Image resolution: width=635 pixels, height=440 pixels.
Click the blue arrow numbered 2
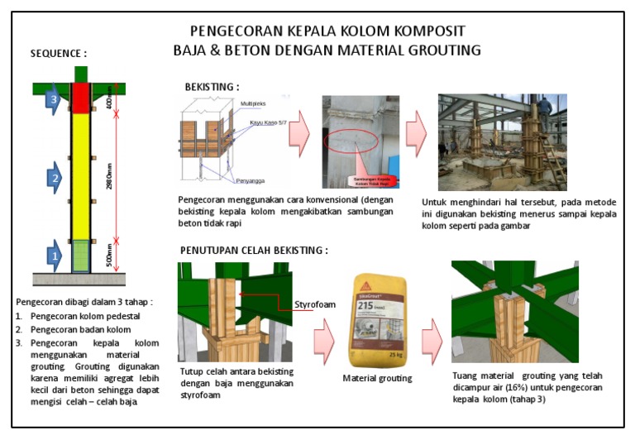[53, 178]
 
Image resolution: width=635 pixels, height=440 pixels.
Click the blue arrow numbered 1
[53, 256]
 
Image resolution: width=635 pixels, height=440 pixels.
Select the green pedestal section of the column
[80, 256]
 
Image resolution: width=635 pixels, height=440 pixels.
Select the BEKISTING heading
[212, 87]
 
